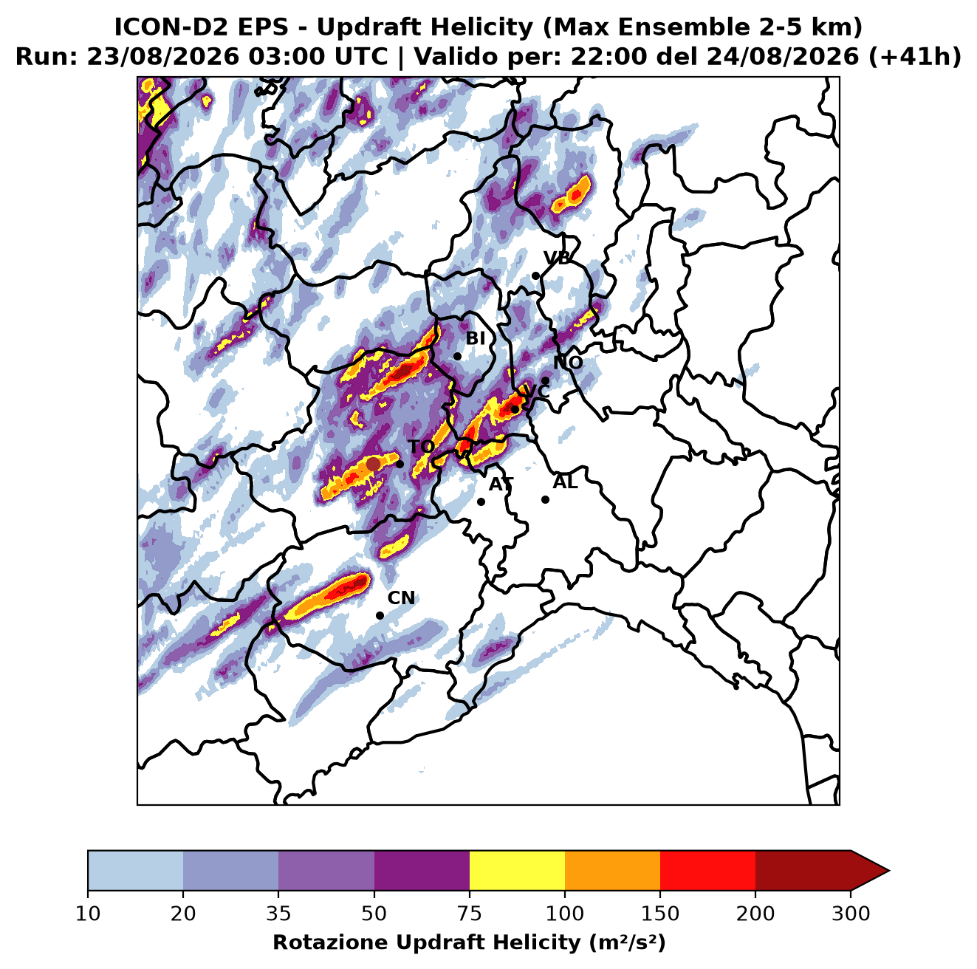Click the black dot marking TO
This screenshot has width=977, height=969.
click(x=400, y=464)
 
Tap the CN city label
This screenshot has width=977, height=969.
click(x=401, y=598)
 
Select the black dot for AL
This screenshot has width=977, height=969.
click(x=545, y=499)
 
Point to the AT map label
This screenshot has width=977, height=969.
click(x=501, y=484)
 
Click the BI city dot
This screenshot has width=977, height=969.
click(x=457, y=357)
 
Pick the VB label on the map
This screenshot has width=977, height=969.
click(x=557, y=258)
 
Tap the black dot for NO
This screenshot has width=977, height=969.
click(x=545, y=380)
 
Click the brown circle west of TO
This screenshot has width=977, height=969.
click(x=373, y=464)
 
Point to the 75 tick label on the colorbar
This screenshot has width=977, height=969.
click(x=470, y=914)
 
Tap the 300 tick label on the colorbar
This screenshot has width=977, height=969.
click(x=851, y=914)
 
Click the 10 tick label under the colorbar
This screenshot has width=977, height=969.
click(x=88, y=914)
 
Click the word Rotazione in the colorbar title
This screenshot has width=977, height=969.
click(x=331, y=942)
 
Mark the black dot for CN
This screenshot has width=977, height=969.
click(x=380, y=615)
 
